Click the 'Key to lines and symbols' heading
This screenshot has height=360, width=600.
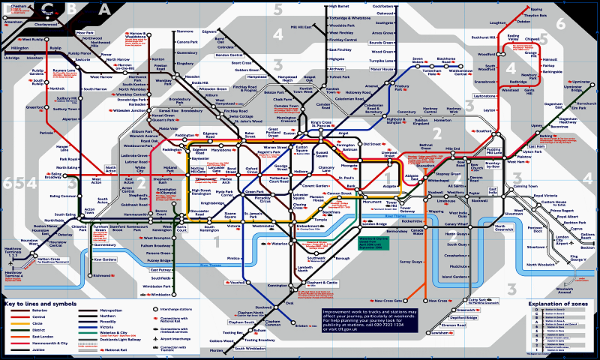click(x=40, y=304)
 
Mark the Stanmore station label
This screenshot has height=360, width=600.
click(x=184, y=31)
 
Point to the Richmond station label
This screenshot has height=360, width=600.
click(x=103, y=276)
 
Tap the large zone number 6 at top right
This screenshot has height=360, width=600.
click(x=560, y=22)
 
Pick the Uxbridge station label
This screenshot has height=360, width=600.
click(x=12, y=57)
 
